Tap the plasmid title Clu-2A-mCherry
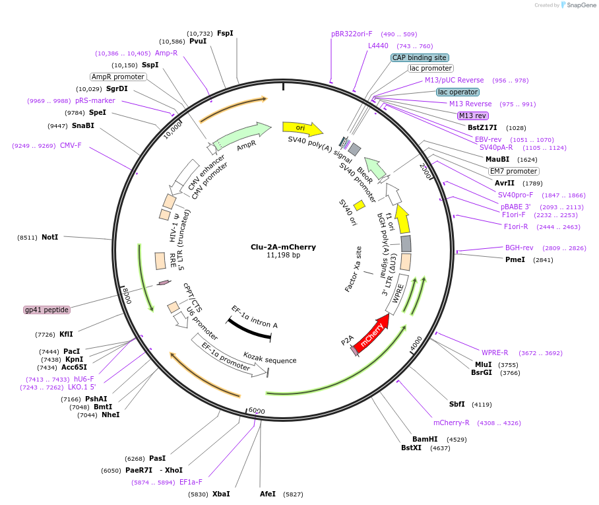pos(283,247)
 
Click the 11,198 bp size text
pos(283,255)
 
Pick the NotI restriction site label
pos(49,237)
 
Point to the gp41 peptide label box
pos(46,310)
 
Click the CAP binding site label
pos(420,57)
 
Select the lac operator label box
pos(458,92)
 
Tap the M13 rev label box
pos(473,116)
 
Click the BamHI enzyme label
pos(425,439)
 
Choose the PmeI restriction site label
pos(515,259)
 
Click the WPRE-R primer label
pos(495,353)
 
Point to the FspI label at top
pos(225,33)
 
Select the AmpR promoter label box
pos(118,77)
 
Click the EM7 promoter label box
pos(513,171)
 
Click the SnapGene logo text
pos(578,5)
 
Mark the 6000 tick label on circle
pos(257,411)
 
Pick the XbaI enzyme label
pos(221,494)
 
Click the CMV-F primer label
pos(71,145)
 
